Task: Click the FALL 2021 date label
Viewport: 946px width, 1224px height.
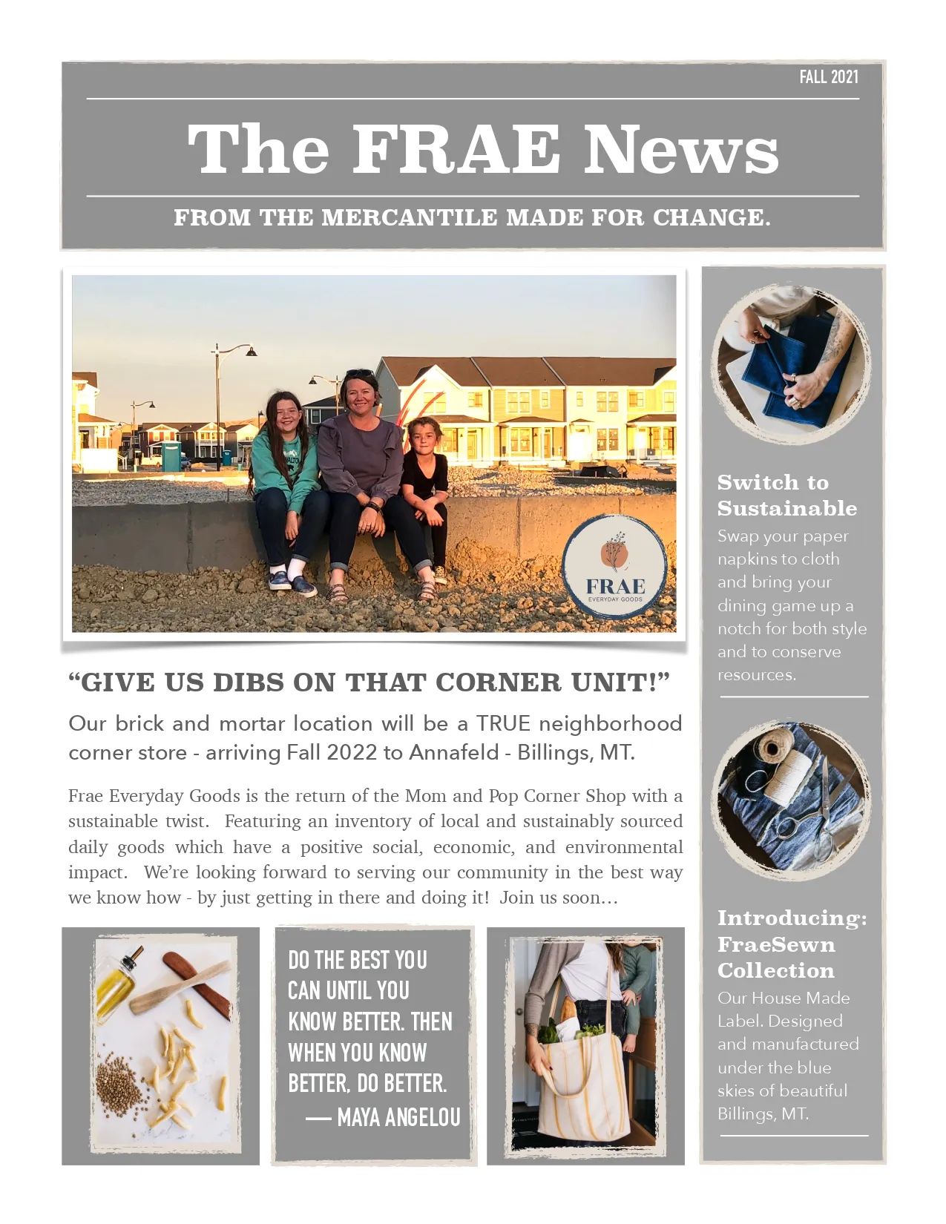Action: coord(829,77)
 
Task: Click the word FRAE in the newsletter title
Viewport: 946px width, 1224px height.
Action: coord(456,150)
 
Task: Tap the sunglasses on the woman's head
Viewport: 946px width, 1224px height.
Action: coord(360,374)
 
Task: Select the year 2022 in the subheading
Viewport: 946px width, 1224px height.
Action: coord(352,752)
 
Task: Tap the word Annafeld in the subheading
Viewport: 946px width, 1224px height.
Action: coord(453,752)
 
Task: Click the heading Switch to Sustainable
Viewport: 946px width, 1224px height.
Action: coord(786,495)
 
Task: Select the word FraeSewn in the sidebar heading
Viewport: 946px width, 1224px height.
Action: coord(775,944)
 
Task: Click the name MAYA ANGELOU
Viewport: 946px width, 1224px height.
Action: coord(398,1117)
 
